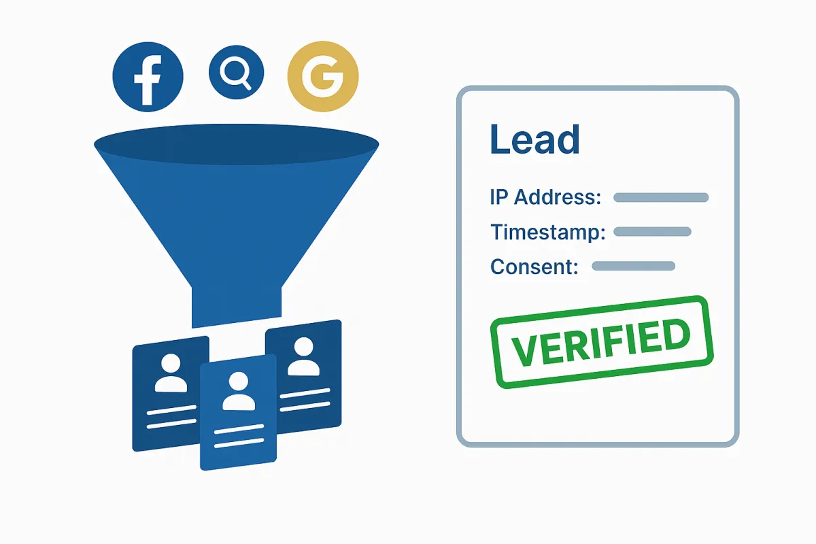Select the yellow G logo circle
click(322, 75)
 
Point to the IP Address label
click(545, 197)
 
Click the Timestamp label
click(547, 232)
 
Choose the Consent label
click(534, 267)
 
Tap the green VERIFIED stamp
click(601, 341)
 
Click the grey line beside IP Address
click(661, 198)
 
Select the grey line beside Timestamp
click(652, 232)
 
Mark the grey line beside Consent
click(633, 266)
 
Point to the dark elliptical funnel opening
click(236, 144)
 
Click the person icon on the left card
click(171, 373)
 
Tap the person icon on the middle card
click(238, 392)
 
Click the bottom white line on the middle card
click(238, 443)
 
